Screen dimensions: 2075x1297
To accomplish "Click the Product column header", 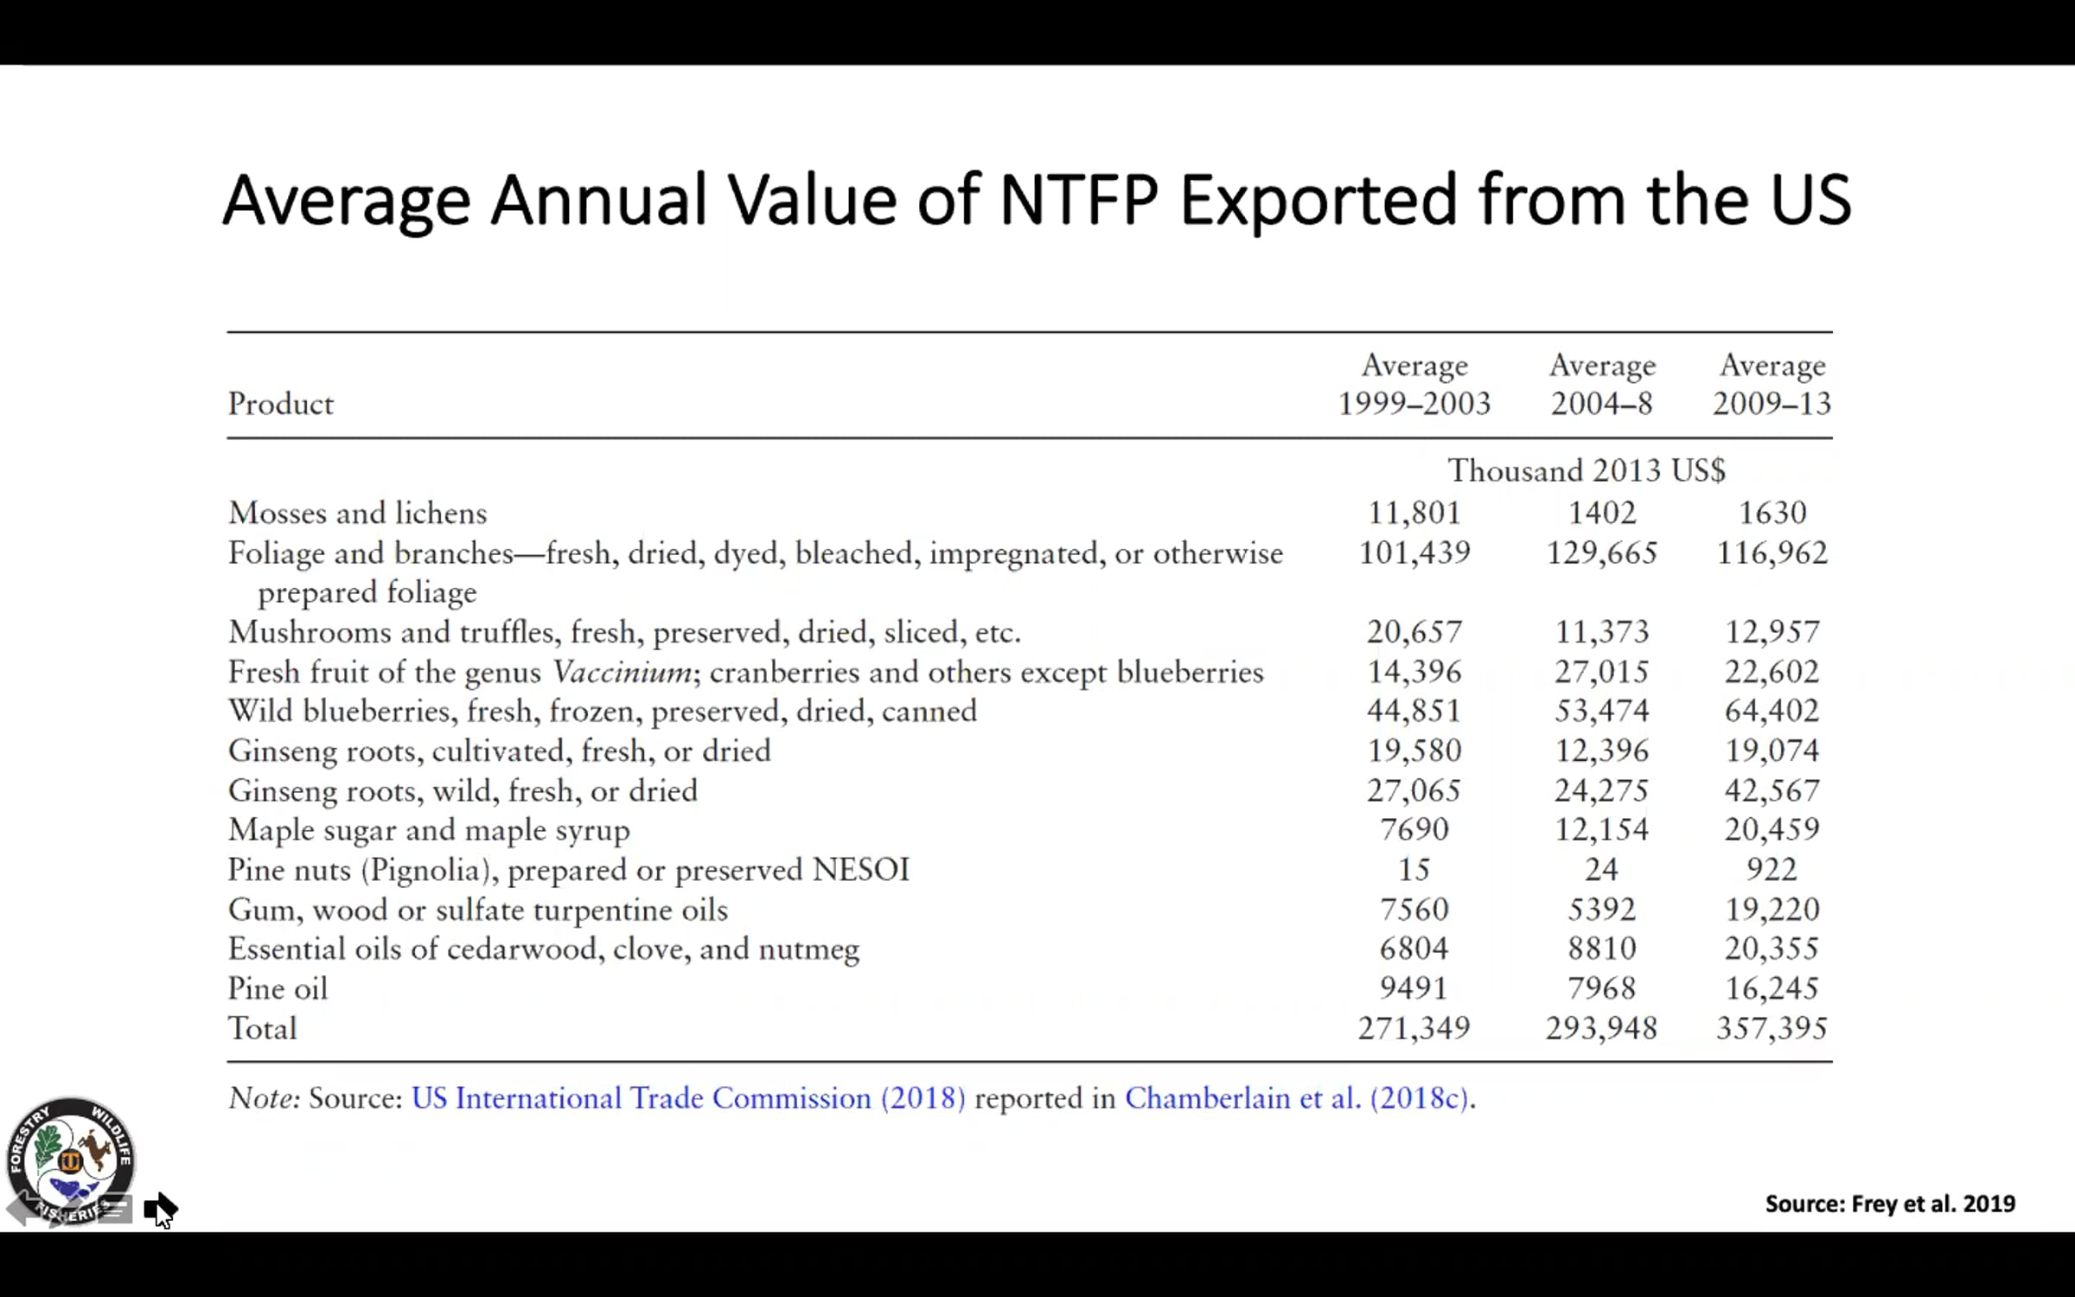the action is [x=280, y=404].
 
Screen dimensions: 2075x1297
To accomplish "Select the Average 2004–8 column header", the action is [x=1602, y=384].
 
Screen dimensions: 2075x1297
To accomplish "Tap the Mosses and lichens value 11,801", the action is [x=1414, y=513].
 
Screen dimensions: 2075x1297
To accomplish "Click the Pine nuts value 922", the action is [x=1772, y=869].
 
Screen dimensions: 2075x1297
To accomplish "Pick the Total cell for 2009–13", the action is [x=1772, y=1028].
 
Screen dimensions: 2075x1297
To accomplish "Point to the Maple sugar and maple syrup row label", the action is [x=429, y=830].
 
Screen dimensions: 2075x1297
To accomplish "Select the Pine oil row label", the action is [x=278, y=988].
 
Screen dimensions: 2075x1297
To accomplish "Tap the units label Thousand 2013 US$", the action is [x=1587, y=471].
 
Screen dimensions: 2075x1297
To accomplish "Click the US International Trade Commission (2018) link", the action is [x=688, y=1098].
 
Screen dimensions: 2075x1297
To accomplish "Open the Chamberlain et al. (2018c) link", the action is [x=1296, y=1098].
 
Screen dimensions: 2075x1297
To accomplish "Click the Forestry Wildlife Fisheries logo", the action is [x=71, y=1161].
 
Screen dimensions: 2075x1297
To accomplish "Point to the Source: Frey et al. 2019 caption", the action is [x=1890, y=1204].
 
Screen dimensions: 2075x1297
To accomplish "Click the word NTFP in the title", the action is [x=1078, y=201].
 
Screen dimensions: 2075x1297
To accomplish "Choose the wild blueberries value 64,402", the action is [x=1772, y=711].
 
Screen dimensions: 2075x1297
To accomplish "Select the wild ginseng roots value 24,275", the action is [x=1602, y=790].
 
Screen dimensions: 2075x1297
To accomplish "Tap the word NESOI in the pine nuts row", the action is [x=861, y=870].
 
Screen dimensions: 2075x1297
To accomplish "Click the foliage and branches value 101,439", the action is [x=1414, y=553].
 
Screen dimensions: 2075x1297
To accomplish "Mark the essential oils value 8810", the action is [x=1602, y=949].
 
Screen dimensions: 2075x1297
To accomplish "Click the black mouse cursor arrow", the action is [x=161, y=1210].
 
